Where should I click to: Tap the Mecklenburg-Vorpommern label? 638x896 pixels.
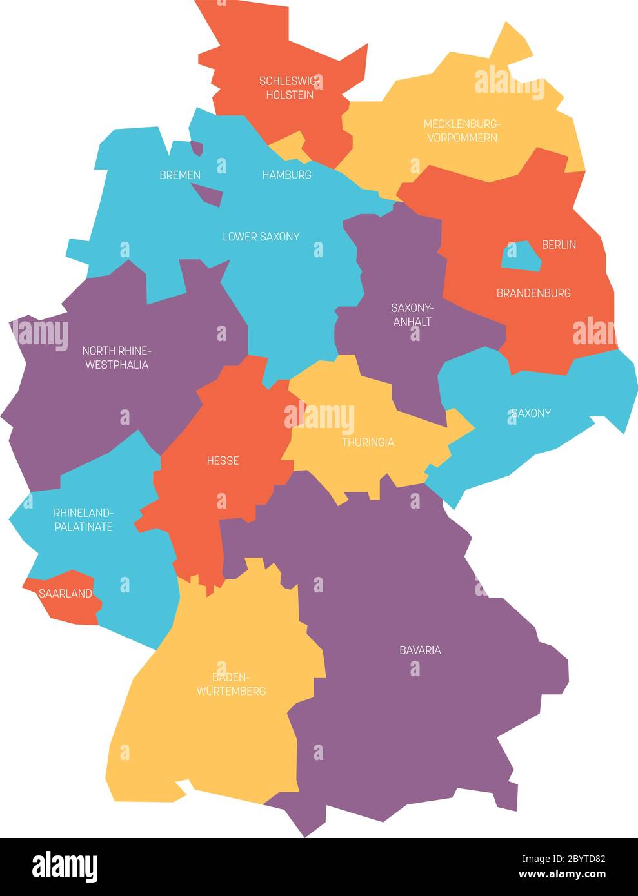click(462, 130)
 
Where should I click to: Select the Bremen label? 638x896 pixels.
click(180, 175)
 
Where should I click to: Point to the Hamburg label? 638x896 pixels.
click(286, 175)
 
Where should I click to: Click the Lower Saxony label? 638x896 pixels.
click(261, 237)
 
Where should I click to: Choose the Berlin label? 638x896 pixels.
click(559, 244)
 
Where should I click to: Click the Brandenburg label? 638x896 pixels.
click(533, 293)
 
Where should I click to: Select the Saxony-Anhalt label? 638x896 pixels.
click(412, 314)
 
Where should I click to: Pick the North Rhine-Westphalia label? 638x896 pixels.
click(115, 358)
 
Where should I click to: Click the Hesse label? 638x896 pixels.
click(223, 460)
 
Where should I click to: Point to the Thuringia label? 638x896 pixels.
click(368, 442)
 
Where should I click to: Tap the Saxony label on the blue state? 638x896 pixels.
click(531, 413)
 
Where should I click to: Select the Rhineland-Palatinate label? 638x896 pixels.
click(83, 520)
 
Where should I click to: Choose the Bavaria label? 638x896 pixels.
click(420, 650)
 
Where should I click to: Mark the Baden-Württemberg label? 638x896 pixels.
click(231, 684)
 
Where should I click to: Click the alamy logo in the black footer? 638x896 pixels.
click(65, 866)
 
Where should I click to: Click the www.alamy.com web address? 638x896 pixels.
click(562, 875)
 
